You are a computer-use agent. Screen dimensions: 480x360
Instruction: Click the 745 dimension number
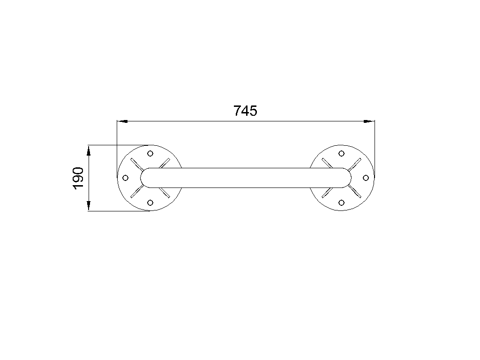pos(246,111)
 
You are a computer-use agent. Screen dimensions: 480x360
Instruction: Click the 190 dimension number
pos(78,178)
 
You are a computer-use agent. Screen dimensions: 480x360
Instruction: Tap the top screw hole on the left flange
pos(150,153)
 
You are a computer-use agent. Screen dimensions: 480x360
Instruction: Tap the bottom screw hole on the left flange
pos(150,202)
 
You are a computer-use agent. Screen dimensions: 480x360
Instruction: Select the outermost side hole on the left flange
pos(125,178)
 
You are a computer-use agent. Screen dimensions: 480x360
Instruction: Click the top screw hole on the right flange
pos(342,153)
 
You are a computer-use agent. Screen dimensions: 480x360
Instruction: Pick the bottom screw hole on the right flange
pos(342,202)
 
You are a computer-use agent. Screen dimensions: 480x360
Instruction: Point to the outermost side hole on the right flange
pos(366,178)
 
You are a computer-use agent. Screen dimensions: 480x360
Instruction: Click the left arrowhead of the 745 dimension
pos(122,121)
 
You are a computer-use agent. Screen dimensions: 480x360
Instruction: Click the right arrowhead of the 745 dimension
pos(369,121)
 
